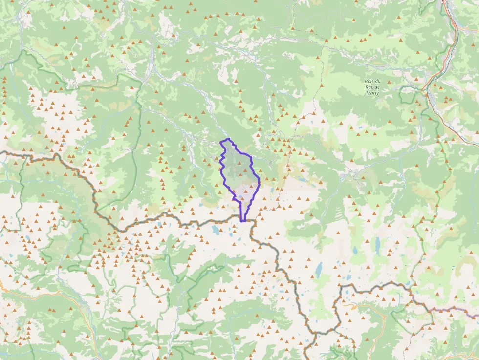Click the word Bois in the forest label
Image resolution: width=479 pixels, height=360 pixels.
(370, 82)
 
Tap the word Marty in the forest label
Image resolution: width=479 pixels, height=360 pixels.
(372, 92)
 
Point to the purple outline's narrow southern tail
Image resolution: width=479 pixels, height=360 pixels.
(242, 212)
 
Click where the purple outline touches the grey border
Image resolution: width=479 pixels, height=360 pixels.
(243, 221)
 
